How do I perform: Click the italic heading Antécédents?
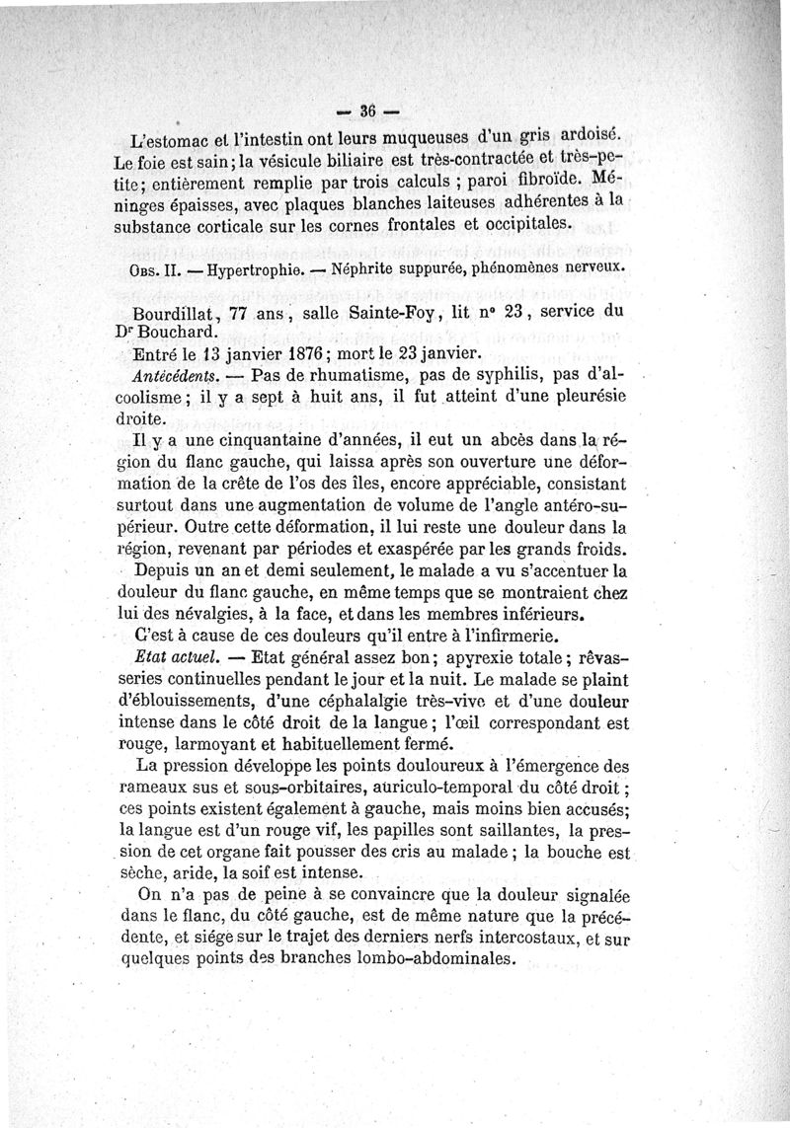(x=173, y=376)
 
